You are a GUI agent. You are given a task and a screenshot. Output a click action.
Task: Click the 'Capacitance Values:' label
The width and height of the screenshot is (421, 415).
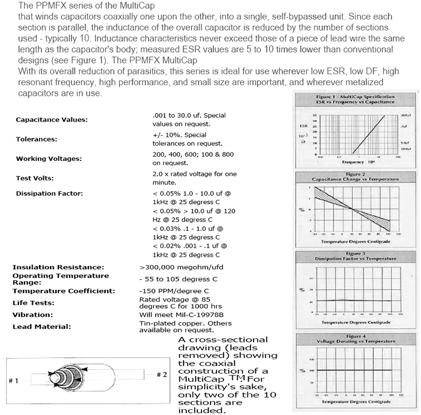[52, 119]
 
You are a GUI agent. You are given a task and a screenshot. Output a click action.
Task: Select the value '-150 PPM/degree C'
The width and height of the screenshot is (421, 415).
[174, 290]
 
